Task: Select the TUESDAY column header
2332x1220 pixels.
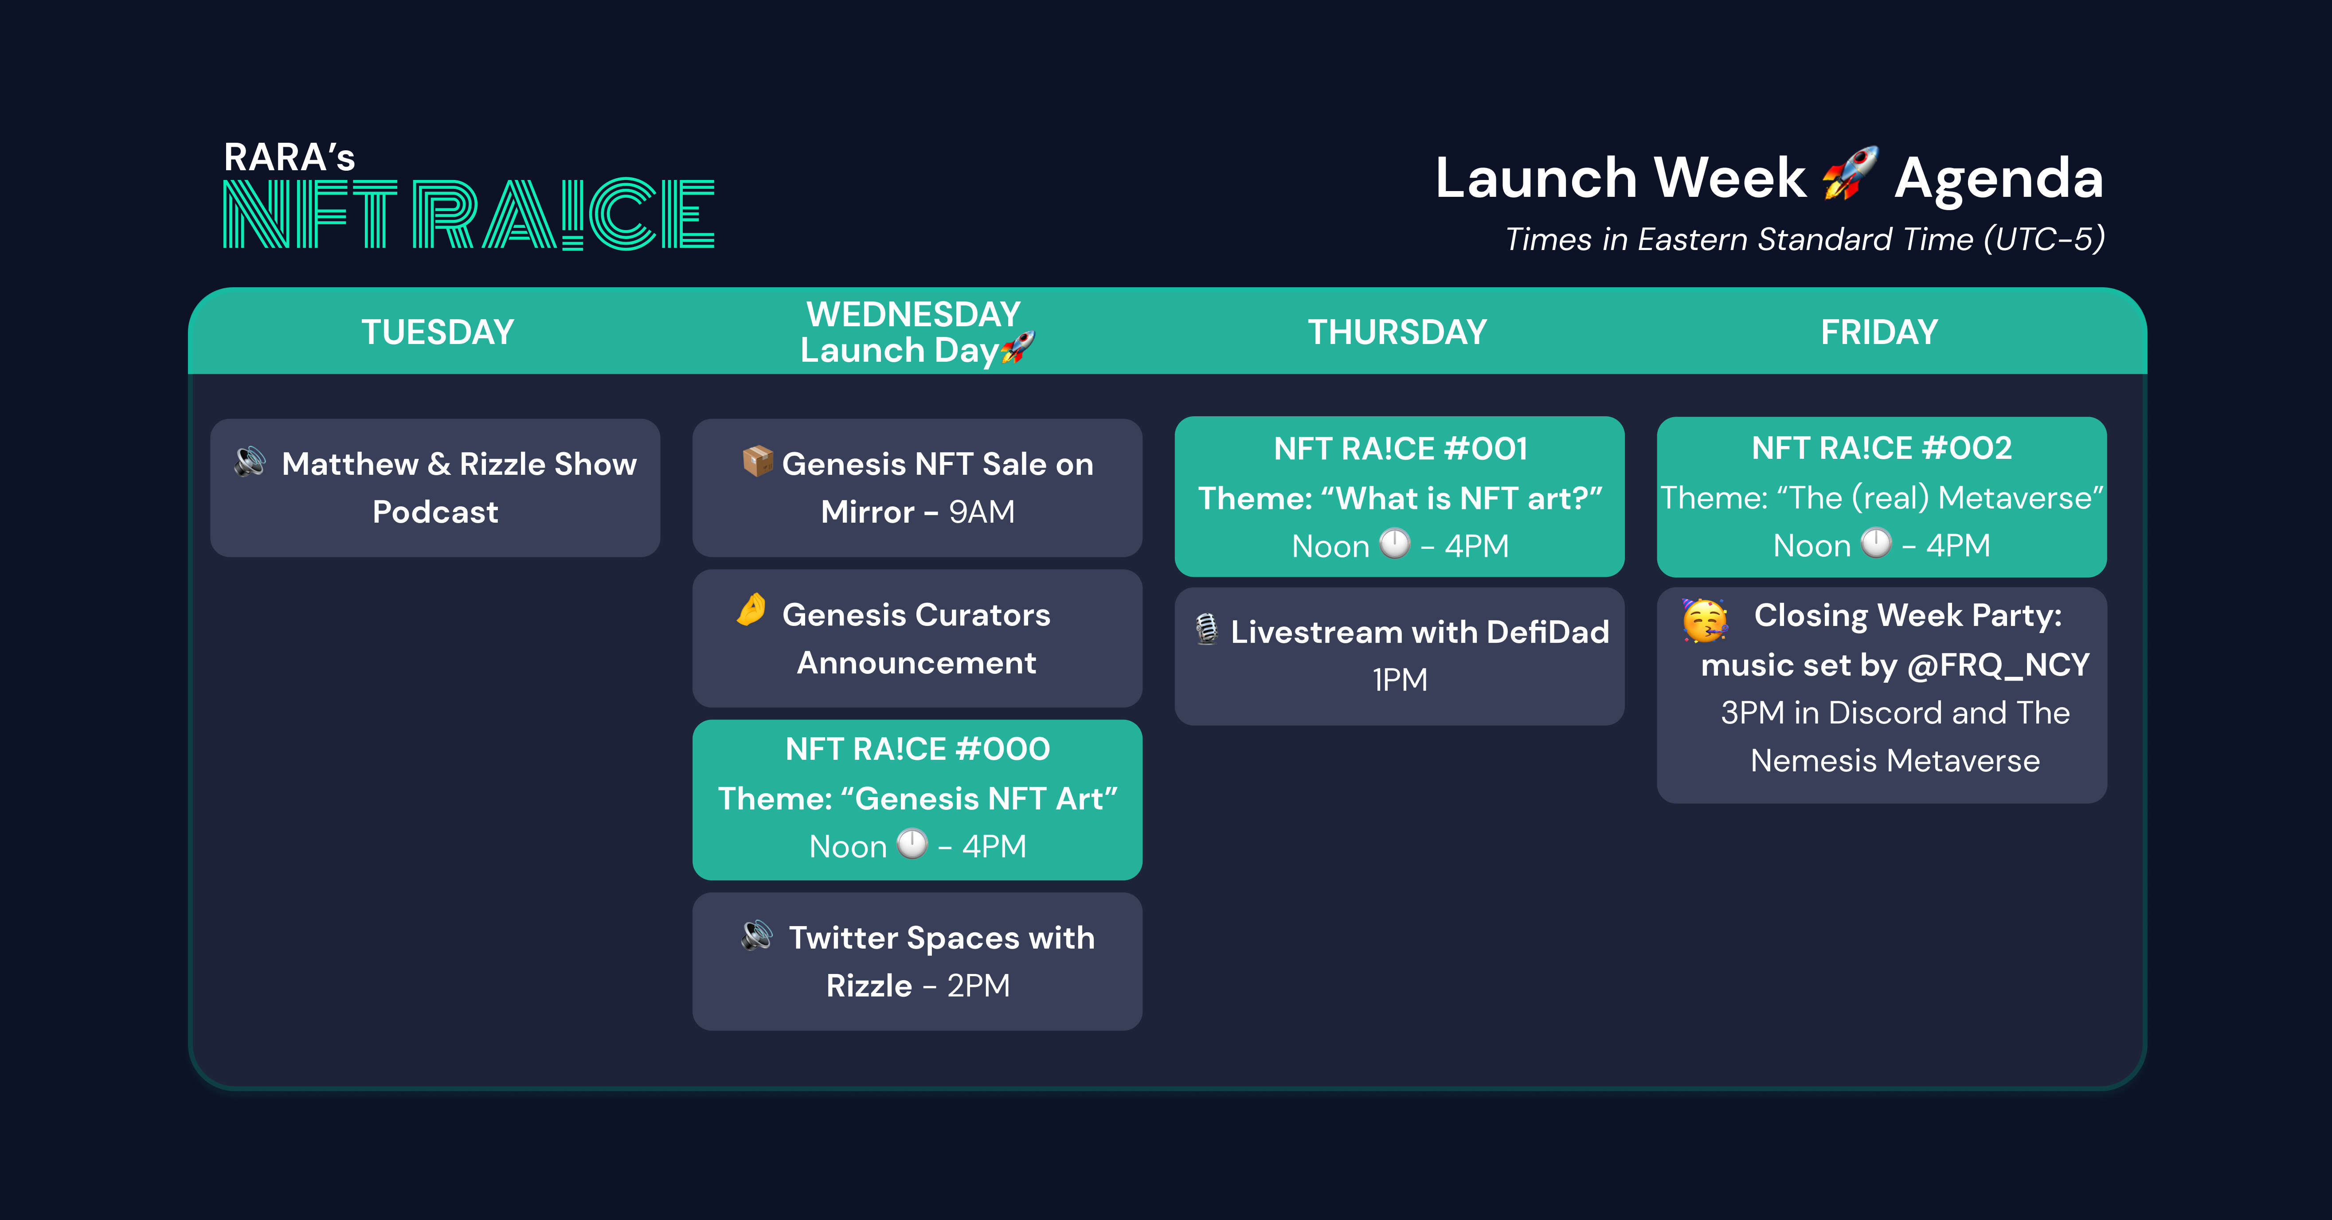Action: point(438,332)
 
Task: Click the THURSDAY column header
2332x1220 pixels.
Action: point(1397,332)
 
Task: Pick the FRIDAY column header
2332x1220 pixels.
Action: point(1879,332)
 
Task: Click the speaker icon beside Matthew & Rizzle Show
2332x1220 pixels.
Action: point(250,461)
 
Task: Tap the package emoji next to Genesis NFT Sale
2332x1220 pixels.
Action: point(758,461)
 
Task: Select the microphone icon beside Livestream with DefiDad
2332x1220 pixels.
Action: point(1207,629)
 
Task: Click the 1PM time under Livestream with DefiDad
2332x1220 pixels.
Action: point(1400,680)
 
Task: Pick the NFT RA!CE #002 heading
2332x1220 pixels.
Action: point(1882,448)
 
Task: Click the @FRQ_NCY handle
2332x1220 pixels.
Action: point(1998,665)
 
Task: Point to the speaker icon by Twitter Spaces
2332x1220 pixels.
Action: point(757,935)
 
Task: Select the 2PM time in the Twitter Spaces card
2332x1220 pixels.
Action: point(978,985)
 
